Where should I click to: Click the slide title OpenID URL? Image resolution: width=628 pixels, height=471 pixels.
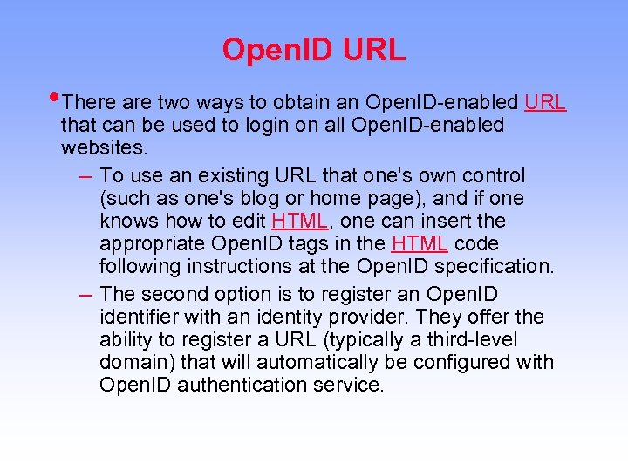[x=314, y=50]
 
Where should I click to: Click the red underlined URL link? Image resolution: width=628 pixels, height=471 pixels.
[x=545, y=103]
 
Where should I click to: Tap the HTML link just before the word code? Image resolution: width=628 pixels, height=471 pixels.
[x=420, y=244]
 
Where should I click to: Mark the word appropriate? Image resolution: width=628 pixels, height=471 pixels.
[x=153, y=244]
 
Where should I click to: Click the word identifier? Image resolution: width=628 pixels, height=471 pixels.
[x=137, y=317]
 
